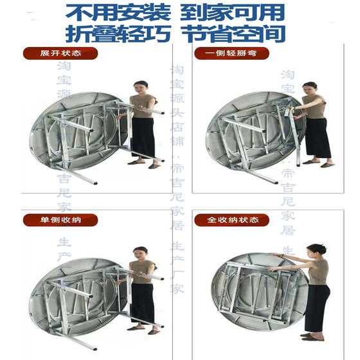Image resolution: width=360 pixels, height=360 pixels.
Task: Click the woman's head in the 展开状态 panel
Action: coord(141,87)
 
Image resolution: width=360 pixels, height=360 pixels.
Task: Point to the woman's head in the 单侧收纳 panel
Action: coord(140,252)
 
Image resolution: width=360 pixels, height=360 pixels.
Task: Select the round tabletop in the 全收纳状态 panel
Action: coord(251,292)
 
